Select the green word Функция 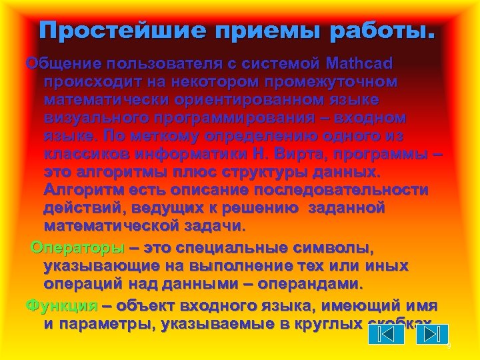pos(61,306)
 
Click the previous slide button pos(385,333)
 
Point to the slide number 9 pos(448,346)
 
